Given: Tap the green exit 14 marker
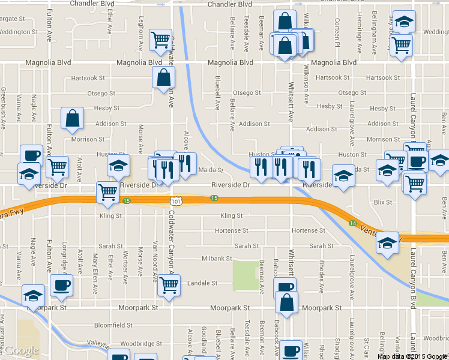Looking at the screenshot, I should (353, 223).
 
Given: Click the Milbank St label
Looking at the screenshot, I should (217, 259).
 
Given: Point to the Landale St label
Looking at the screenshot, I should (202, 283).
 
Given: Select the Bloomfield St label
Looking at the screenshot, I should (113, 325).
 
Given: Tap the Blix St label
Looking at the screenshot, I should (382, 203).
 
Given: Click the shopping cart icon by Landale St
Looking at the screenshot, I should (169, 286).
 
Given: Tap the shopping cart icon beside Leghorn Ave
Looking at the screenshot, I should (160, 40).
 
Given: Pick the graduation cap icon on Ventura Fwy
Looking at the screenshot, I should (388, 243).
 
